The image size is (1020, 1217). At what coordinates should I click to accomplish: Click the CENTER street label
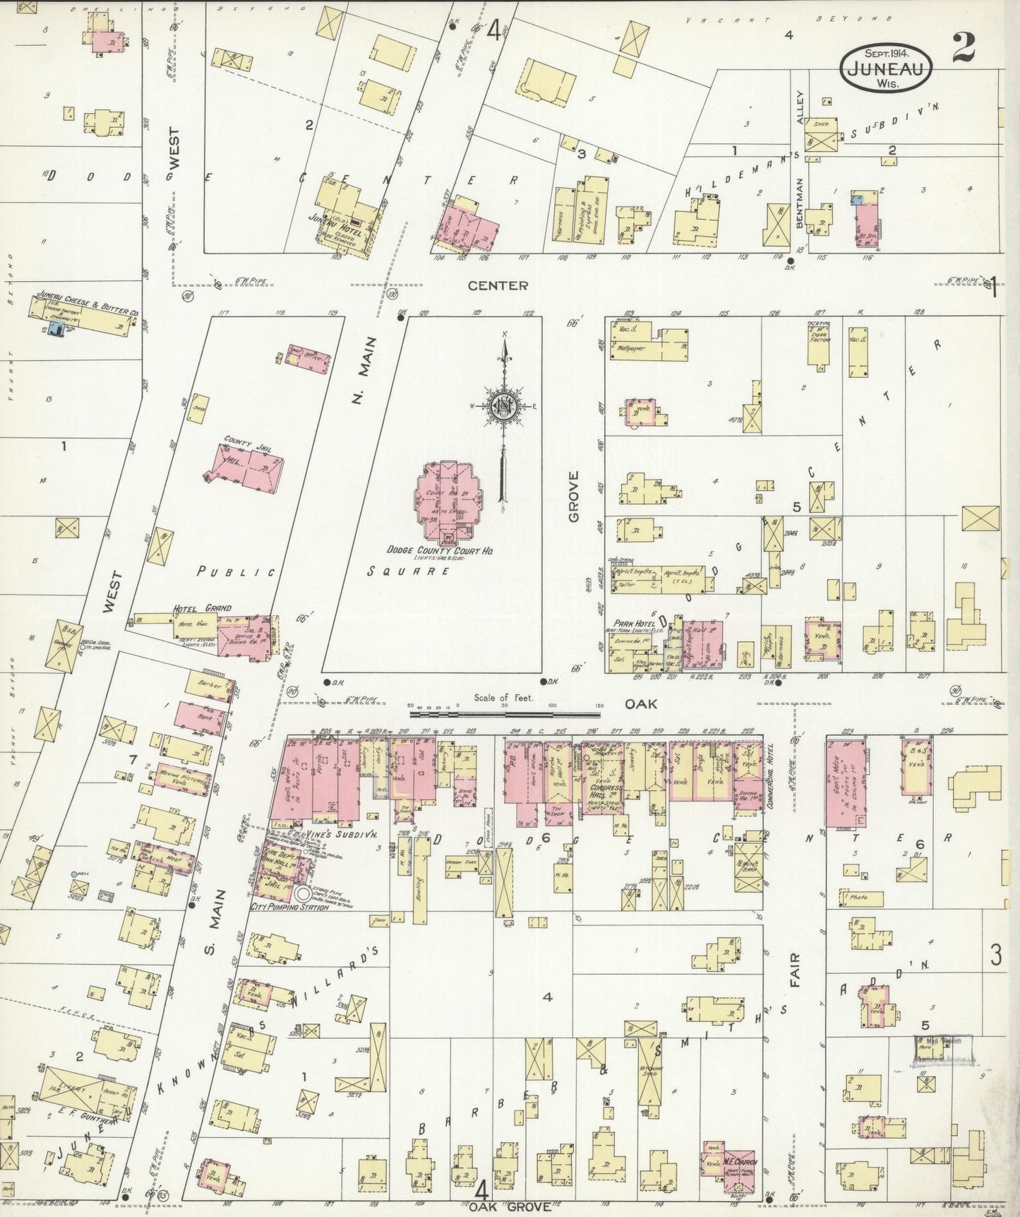point(498,285)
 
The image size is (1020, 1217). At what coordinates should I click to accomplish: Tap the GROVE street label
point(573,496)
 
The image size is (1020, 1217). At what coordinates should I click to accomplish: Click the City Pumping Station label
point(289,906)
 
